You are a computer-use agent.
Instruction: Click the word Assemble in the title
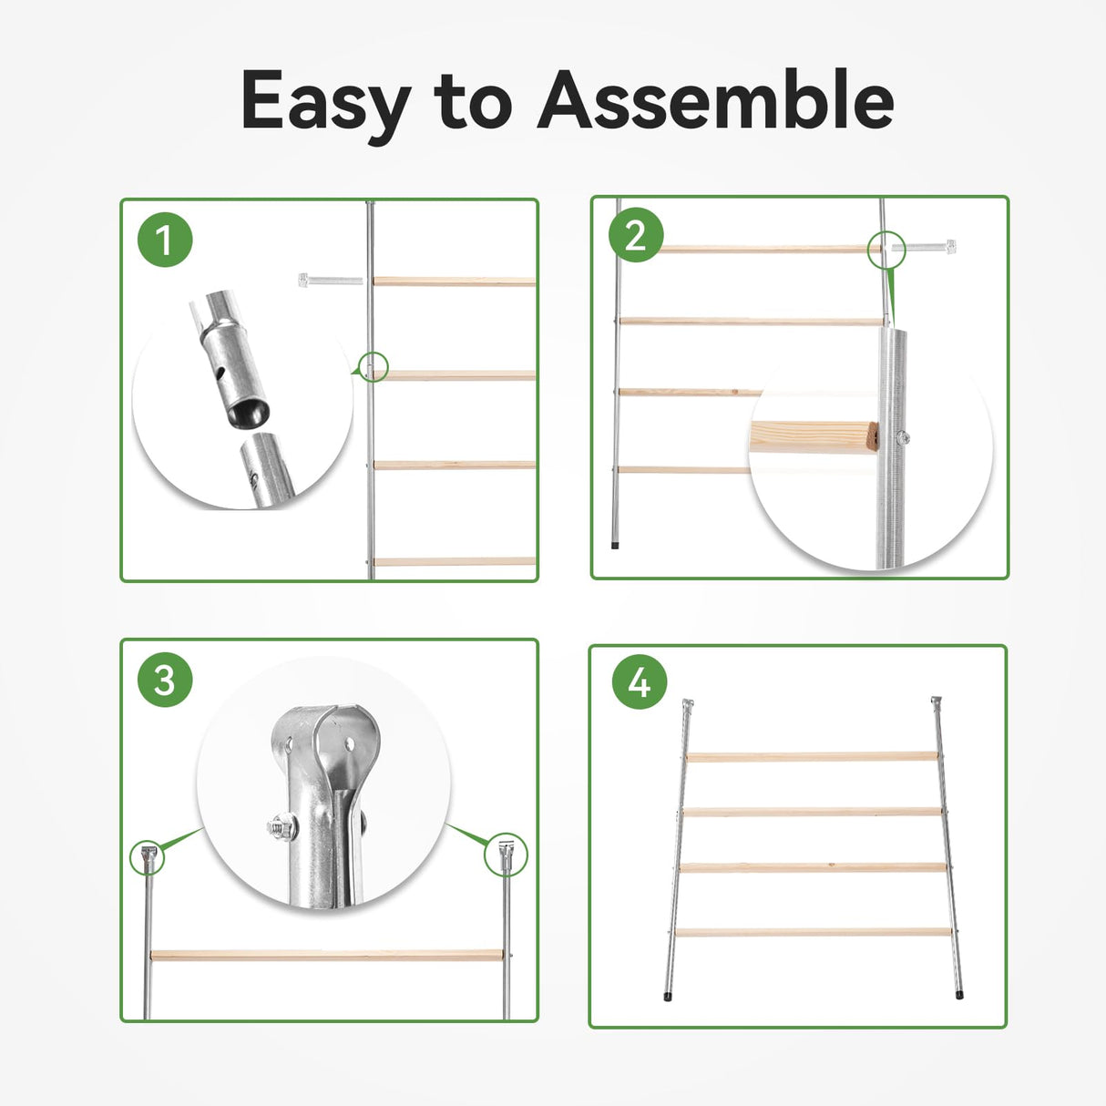pos(715,98)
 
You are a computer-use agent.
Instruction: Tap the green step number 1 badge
pos(165,240)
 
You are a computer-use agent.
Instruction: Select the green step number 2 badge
pos(636,235)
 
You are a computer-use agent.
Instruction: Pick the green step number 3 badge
pos(165,680)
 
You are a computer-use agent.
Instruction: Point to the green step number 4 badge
pos(640,682)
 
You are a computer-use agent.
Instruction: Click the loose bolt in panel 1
pos(331,280)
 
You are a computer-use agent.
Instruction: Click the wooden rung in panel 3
pos(326,956)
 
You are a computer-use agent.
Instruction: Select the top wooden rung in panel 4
pos(812,756)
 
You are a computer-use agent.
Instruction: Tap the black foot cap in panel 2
pos(615,545)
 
